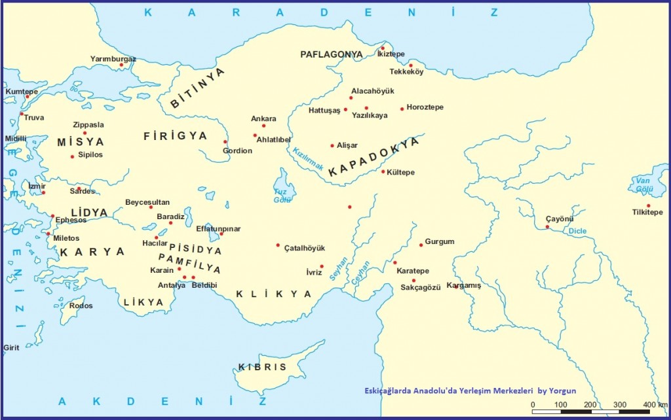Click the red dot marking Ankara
pos(263,126)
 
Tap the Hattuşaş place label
pos(324,111)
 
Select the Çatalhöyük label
pos(304,248)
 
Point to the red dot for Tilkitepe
pos(648,205)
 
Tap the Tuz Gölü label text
pos(282,196)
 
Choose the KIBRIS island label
pos(262,366)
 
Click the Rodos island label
pos(81,306)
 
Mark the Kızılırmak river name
pos(309,158)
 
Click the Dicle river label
pos(577,231)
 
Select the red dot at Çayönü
pos(547,227)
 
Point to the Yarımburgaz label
pos(113,59)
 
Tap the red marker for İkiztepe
pos(383,48)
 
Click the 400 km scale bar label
pos(655,404)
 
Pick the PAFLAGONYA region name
pos(332,54)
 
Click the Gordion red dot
pos(225,141)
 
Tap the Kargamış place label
pos(463,285)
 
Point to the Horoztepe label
pos(425,107)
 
